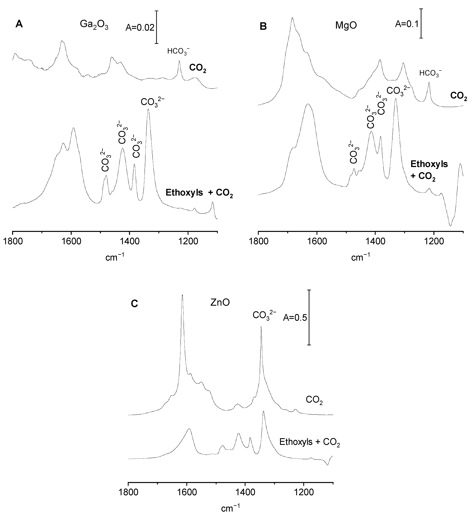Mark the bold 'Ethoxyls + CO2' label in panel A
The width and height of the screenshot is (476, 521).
pyautogui.click(x=199, y=193)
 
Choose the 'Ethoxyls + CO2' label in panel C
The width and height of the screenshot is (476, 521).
pyautogui.click(x=310, y=442)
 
